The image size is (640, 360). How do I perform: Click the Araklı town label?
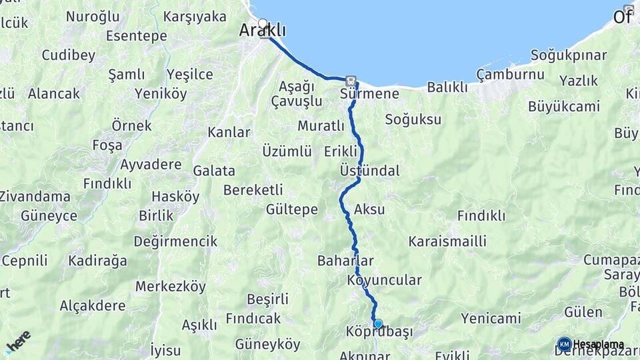point(263,31)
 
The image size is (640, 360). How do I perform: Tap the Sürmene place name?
point(369,93)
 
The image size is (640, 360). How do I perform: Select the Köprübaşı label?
point(380,331)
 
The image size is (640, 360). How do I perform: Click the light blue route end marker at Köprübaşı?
point(378,323)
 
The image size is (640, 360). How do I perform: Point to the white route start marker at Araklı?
point(263,23)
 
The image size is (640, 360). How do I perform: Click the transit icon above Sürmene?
point(351,79)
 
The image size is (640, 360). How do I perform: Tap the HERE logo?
point(18,341)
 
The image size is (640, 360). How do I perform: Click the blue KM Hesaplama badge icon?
point(565,344)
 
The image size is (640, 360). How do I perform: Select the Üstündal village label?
point(369,171)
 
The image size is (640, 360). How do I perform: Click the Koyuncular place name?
point(384,280)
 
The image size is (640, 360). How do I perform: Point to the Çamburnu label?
point(511,74)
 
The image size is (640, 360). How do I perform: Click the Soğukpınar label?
point(569,55)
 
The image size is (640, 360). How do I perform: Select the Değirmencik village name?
point(175,241)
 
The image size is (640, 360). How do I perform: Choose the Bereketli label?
point(253,189)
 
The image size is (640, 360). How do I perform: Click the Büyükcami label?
point(564,106)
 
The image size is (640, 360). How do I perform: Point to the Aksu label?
point(370,209)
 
